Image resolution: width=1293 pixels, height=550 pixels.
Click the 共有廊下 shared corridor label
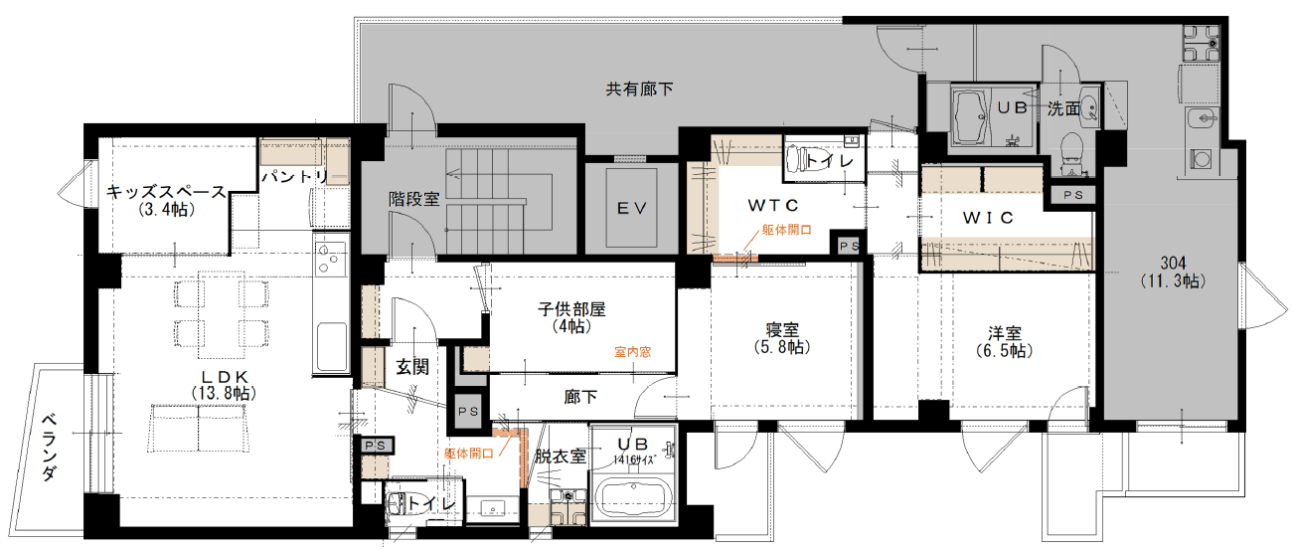(x=639, y=89)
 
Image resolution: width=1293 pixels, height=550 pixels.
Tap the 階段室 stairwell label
(x=413, y=199)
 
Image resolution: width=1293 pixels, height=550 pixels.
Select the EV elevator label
(x=632, y=208)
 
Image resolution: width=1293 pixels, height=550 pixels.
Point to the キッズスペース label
(x=166, y=191)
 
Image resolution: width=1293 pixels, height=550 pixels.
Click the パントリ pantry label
(x=295, y=176)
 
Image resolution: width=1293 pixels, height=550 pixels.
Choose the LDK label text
(x=225, y=377)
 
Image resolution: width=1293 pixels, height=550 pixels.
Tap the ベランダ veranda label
(x=50, y=447)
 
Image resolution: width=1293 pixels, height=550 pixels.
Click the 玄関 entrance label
(x=412, y=367)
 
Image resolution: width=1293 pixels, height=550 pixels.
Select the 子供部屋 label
(x=571, y=309)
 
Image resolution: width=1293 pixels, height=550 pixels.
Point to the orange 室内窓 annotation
(x=633, y=352)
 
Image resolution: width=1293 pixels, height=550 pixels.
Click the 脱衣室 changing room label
(x=561, y=457)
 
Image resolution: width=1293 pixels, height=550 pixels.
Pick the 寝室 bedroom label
(x=782, y=330)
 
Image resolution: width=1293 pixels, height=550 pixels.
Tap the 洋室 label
(x=1005, y=333)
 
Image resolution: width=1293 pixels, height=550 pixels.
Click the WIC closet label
(x=988, y=218)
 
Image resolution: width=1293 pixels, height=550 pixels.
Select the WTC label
(x=773, y=205)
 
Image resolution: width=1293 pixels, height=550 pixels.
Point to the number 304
(x=1174, y=264)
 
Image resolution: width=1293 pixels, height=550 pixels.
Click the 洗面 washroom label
(x=1063, y=108)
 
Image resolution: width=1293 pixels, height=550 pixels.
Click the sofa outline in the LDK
(x=199, y=428)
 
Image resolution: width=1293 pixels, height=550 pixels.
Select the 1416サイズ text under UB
(x=634, y=460)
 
